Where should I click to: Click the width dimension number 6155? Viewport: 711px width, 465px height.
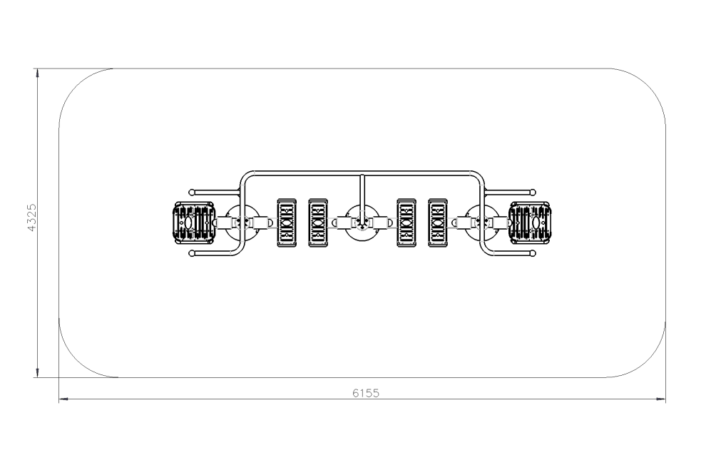coord(365,393)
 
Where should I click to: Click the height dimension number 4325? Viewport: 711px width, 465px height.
coord(32,218)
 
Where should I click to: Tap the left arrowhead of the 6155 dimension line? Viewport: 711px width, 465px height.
coord(64,399)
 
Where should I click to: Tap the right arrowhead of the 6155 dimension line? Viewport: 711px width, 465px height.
coord(661,399)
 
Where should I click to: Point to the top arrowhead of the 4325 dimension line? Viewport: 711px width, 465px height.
coord(38,73)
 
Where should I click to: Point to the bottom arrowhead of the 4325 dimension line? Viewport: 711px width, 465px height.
coord(38,372)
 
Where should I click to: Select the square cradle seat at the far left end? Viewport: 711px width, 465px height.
coord(194,223)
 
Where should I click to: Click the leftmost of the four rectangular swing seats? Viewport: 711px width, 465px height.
coord(287,223)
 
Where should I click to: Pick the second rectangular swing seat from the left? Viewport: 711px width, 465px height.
coord(318,223)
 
